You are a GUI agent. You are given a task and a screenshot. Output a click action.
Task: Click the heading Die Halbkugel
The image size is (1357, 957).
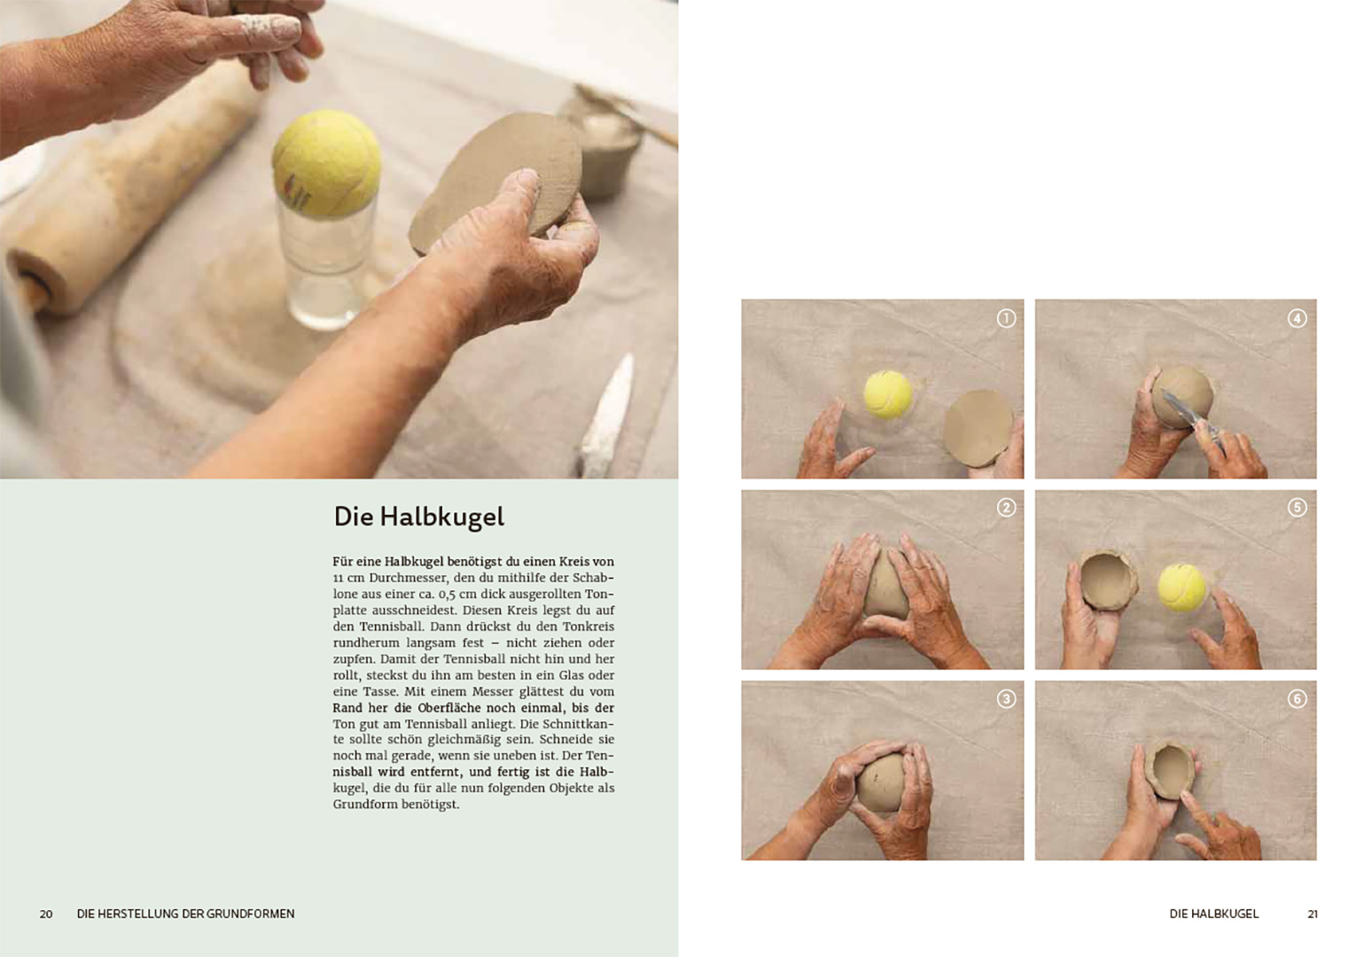[x=418, y=517]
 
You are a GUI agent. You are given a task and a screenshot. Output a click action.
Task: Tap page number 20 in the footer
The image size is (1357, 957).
[x=46, y=914]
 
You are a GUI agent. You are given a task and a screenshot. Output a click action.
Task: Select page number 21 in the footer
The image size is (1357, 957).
[x=1312, y=914]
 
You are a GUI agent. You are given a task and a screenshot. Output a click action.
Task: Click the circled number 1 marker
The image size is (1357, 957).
[x=1006, y=319]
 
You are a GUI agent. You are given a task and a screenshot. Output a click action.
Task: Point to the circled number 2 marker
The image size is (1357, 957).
[x=1006, y=508]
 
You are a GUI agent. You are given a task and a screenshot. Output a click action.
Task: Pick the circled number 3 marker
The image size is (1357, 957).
[x=1006, y=699]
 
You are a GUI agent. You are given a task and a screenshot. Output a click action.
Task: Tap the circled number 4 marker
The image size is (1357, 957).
[x=1297, y=319]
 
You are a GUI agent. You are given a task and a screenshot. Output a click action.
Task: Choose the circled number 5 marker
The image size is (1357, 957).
[x=1297, y=508]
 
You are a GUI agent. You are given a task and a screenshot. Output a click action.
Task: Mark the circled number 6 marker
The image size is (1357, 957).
[x=1297, y=699]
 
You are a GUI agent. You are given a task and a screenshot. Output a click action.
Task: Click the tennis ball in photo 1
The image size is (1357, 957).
[x=888, y=394]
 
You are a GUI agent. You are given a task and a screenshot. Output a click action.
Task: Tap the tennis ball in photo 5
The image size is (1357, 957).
[x=1182, y=587]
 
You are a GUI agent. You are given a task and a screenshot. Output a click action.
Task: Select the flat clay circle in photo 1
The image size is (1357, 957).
[x=977, y=428]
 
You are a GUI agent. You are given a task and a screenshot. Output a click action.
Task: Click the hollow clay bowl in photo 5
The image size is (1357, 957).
[x=1107, y=579]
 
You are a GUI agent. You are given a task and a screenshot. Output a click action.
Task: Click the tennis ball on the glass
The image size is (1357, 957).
[x=326, y=164]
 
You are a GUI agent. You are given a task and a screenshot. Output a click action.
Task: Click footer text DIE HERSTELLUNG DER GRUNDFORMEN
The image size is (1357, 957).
[x=185, y=914]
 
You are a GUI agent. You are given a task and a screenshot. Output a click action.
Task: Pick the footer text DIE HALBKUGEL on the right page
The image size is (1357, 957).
[x=1214, y=914]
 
